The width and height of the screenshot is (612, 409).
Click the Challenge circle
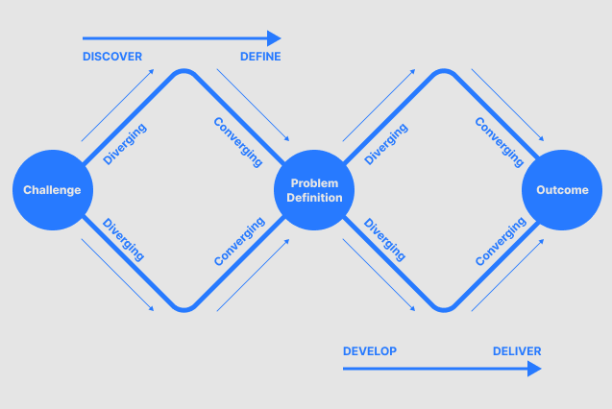[x=53, y=189]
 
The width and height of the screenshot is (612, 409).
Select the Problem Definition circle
[x=315, y=189]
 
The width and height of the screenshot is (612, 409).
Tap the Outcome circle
[x=561, y=189]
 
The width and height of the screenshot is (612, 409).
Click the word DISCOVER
[x=112, y=57]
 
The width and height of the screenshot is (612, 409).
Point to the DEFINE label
[x=260, y=57]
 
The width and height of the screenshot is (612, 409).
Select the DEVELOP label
[x=370, y=351]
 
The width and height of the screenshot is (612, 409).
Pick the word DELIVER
[x=517, y=351]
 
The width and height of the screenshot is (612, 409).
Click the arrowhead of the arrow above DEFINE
[x=274, y=38]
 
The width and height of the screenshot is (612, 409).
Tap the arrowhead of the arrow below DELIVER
[x=534, y=369]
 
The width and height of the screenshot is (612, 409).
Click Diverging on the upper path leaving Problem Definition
[x=386, y=144]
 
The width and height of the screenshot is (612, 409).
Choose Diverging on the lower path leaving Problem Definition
[x=385, y=239]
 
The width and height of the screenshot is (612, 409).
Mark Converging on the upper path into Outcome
[x=500, y=143]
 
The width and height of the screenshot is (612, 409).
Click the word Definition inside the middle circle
[x=315, y=198]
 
